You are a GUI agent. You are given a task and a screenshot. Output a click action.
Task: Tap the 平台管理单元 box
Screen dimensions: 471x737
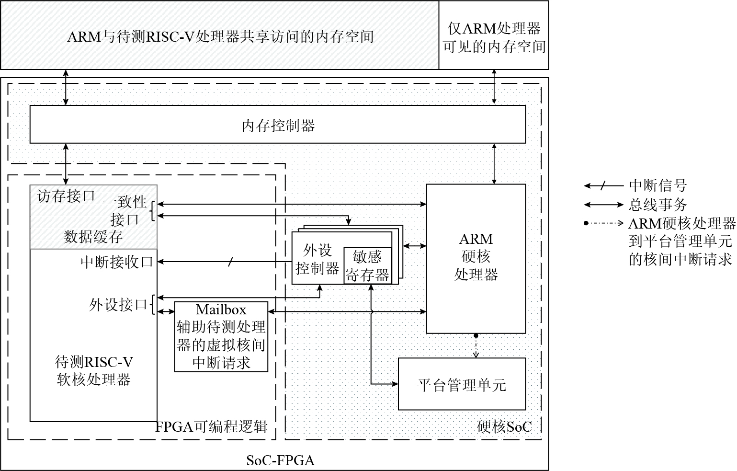[461, 384]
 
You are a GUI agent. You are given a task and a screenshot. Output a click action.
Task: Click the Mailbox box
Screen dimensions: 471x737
[221, 336]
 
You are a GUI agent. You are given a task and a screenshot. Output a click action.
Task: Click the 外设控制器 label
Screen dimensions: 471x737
[317, 259]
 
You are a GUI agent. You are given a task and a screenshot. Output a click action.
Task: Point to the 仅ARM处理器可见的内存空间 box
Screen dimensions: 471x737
[494, 36]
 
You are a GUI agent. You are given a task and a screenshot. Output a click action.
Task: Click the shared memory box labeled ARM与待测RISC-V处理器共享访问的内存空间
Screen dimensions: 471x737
[220, 36]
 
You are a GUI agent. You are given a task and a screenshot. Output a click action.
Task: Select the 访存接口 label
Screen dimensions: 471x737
[66, 196]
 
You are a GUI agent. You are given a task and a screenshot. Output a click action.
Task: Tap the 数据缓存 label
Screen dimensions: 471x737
[93, 237]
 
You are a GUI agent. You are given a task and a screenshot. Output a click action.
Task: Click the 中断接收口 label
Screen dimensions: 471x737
[116, 262]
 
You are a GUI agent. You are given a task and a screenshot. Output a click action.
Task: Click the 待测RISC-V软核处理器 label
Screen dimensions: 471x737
[94, 370]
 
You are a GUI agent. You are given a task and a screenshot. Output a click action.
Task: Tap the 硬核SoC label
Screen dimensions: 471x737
[504, 426]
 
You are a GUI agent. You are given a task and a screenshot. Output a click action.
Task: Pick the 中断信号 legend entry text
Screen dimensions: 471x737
[658, 185]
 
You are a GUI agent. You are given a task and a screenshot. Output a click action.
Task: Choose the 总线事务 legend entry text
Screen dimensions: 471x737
[658, 205]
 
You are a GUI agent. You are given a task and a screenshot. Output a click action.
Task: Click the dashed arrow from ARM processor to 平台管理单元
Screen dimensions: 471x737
[476, 346]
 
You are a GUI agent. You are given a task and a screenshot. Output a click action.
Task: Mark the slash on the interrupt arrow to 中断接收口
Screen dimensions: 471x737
[230, 262]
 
